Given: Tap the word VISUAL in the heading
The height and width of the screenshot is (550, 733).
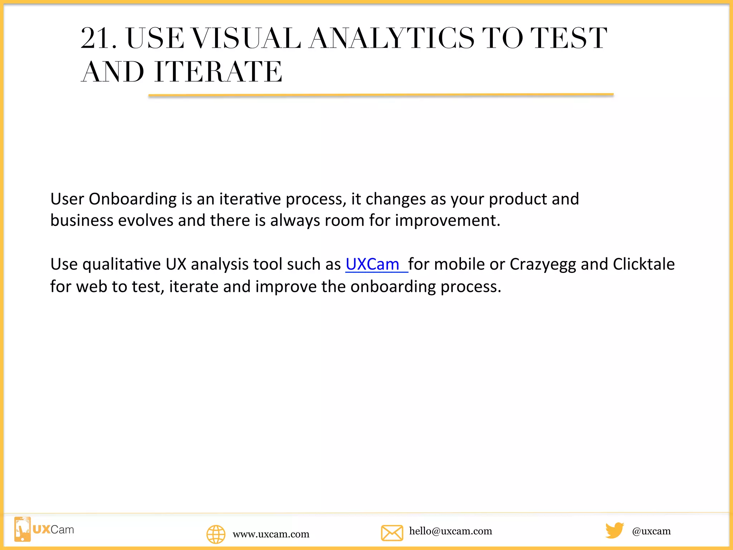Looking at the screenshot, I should (246, 38).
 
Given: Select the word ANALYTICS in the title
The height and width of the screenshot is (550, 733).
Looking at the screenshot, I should (392, 38).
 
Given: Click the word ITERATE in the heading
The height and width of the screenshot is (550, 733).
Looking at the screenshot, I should (218, 72).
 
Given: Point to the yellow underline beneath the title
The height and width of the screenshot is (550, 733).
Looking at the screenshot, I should (381, 95).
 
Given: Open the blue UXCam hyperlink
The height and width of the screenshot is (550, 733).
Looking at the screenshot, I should (372, 264).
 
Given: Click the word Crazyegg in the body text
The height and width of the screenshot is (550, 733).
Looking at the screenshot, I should (543, 264).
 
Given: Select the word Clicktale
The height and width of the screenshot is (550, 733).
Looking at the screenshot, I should (644, 264).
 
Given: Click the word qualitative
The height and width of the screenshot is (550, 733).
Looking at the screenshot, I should (121, 265).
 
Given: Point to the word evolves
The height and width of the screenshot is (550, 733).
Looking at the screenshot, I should (146, 221).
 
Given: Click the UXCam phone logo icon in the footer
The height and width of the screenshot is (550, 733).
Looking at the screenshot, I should (23, 529).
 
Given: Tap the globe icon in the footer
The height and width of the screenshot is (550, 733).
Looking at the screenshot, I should (216, 534).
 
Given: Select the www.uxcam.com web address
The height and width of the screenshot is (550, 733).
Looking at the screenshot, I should (271, 534).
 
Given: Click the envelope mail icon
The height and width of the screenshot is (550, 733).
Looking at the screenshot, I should (392, 533).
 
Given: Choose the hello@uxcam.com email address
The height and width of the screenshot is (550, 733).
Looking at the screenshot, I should (451, 531).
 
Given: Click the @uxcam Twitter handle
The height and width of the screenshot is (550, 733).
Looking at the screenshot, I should (651, 531).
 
